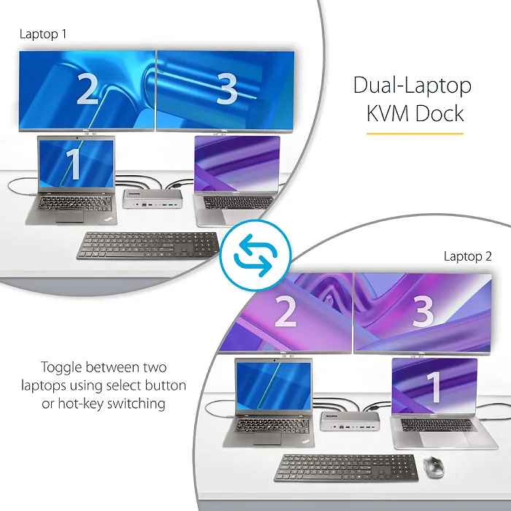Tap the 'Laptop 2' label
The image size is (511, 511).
pyautogui.click(x=467, y=256)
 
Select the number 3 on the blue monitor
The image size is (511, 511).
pyautogui.click(x=227, y=88)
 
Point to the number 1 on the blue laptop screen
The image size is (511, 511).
pyautogui.click(x=73, y=164)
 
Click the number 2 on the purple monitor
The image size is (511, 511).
pyautogui.click(x=285, y=312)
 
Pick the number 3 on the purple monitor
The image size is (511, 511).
pyautogui.click(x=423, y=312)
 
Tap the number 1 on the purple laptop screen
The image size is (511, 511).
pyautogui.click(x=434, y=386)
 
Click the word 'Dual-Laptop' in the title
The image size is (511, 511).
pyautogui.click(x=412, y=85)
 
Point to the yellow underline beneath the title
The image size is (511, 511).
pyautogui.click(x=415, y=134)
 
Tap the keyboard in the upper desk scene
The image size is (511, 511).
pyautogui.click(x=147, y=245)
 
